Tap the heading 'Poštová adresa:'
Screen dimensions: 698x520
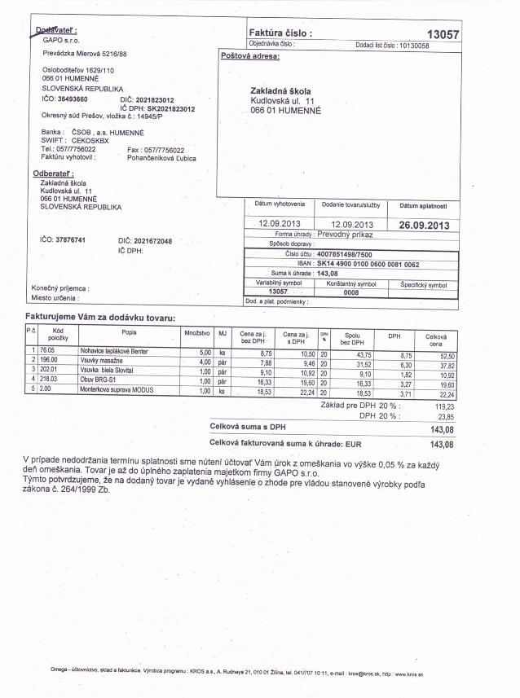(250, 56)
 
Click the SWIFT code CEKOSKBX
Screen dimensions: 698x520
(90, 140)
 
